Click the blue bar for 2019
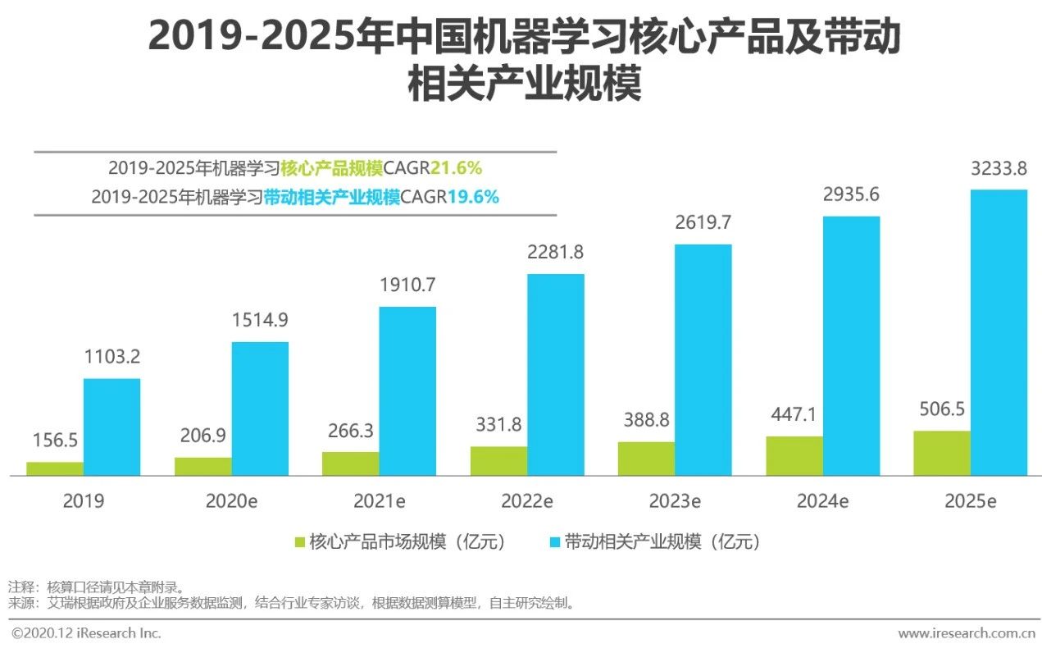[x=111, y=427]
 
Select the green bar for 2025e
[x=942, y=453]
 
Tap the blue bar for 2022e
[x=556, y=374]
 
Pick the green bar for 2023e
[x=646, y=459]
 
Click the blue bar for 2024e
[x=851, y=345]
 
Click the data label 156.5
[x=54, y=441]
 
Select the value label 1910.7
[x=407, y=286]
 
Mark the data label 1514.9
[x=260, y=321]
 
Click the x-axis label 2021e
[x=380, y=500]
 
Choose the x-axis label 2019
[x=83, y=500]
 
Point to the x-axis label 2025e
[x=970, y=500]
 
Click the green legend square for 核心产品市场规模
[x=300, y=542]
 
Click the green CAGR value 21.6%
[x=457, y=168]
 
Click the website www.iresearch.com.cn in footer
[x=967, y=633]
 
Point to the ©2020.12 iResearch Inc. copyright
[x=85, y=633]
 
